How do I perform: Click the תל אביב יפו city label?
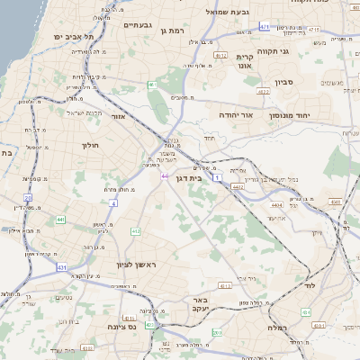tap(76, 37)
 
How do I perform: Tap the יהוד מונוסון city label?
tap(302, 116)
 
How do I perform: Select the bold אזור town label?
tap(119, 116)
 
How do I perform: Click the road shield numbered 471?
tap(264, 27)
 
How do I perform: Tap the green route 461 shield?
tap(153, 85)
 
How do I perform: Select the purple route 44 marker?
tap(166, 175)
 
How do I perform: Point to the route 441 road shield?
tap(60, 220)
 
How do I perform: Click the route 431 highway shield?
tap(61, 267)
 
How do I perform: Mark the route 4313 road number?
tap(225, 285)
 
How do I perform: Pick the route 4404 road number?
tap(275, 205)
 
